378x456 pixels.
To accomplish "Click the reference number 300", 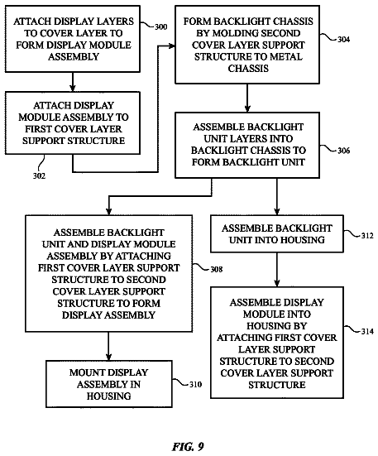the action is [x=160, y=27].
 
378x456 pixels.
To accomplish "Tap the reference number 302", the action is [x=39, y=176].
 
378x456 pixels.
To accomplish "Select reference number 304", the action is [x=343, y=39].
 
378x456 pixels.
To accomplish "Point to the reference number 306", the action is [x=343, y=151].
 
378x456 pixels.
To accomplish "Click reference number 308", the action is [x=216, y=269].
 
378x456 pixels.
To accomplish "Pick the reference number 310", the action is [x=195, y=385].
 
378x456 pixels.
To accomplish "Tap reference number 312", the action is [x=367, y=236].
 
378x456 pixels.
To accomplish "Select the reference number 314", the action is [x=367, y=331].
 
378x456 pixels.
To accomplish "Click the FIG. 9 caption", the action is [x=188, y=446].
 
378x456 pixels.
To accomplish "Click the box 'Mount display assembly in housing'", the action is [x=109, y=384].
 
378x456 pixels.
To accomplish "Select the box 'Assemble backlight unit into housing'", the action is [x=277, y=233].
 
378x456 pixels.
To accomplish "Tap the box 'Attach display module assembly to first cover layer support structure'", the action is [x=73, y=122].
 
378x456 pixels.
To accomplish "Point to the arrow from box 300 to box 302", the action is [x=73, y=82].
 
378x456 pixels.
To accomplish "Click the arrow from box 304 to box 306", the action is [x=247, y=98].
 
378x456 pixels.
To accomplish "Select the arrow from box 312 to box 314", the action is [x=277, y=270].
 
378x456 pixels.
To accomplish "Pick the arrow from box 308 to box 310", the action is [x=108, y=346].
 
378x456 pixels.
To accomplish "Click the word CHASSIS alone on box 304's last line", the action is [x=248, y=69].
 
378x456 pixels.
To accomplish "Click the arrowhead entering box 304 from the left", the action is [x=172, y=46].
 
